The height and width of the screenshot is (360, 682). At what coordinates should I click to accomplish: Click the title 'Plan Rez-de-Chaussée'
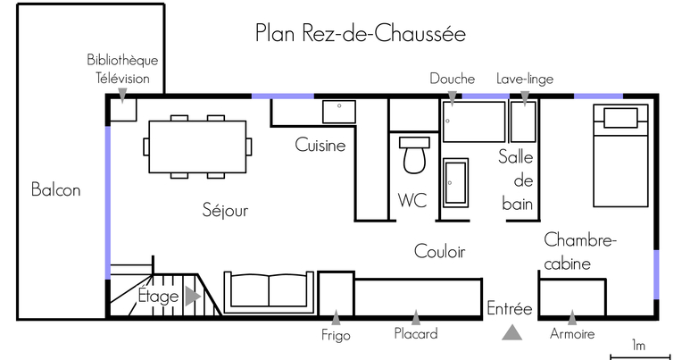tap(360, 34)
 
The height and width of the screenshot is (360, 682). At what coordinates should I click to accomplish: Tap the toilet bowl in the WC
tap(414, 160)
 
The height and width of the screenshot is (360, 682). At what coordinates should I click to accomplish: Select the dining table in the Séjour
tap(197, 147)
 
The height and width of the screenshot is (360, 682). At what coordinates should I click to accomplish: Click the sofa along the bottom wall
tap(269, 292)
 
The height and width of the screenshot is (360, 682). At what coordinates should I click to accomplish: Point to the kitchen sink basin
tap(339, 112)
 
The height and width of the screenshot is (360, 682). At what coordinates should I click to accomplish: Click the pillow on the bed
tap(620, 118)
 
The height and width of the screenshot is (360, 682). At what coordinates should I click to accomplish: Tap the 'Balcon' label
tap(55, 189)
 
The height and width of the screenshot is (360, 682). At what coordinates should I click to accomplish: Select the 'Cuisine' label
tap(320, 145)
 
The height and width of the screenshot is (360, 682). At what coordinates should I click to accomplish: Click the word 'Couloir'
tap(440, 251)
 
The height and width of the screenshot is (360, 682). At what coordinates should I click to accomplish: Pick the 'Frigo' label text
tap(336, 335)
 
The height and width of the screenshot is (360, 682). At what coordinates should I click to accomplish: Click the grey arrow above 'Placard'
tap(416, 318)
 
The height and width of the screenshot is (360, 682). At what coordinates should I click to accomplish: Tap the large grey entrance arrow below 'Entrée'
tap(511, 332)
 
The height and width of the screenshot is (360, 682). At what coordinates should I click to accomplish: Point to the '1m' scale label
tap(638, 346)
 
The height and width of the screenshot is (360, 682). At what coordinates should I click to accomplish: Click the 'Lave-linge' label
tap(525, 79)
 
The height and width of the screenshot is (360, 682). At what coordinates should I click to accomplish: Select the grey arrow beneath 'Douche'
tap(453, 99)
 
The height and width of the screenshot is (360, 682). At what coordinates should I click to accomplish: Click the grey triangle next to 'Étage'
tap(192, 297)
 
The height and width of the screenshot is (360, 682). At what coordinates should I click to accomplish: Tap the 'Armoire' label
tap(572, 334)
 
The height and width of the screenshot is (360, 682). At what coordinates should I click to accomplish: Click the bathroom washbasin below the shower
tap(456, 182)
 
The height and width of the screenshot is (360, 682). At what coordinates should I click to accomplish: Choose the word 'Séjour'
tap(225, 210)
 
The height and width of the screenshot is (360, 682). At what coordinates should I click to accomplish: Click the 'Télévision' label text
tap(122, 79)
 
